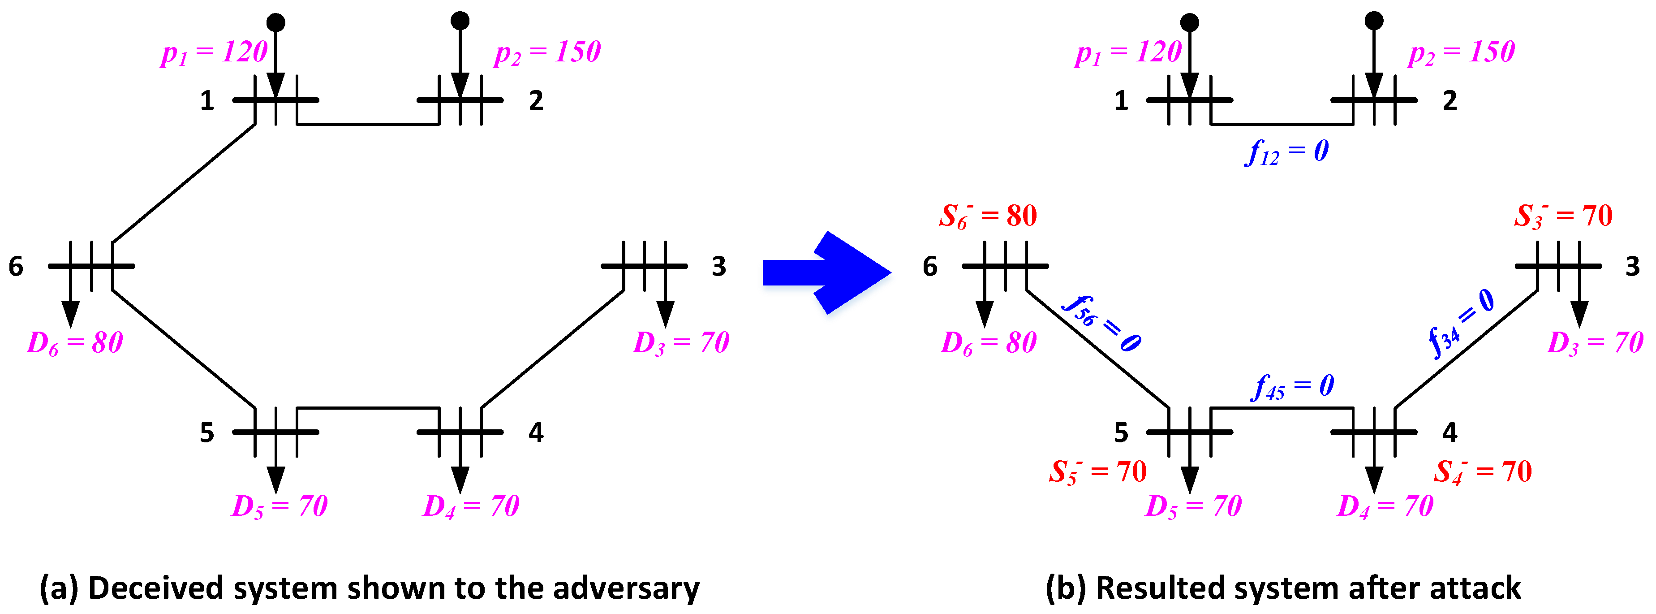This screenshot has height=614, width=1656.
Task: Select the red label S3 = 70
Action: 1563,216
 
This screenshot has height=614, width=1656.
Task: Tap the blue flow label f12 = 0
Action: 1286,152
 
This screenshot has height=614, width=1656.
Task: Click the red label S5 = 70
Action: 1097,472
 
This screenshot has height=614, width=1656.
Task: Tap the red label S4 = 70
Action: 1483,472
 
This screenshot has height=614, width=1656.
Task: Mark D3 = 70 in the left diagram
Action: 681,343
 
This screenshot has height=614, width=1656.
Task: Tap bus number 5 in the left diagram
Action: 206,432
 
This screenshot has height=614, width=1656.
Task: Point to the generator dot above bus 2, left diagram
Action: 460,21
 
